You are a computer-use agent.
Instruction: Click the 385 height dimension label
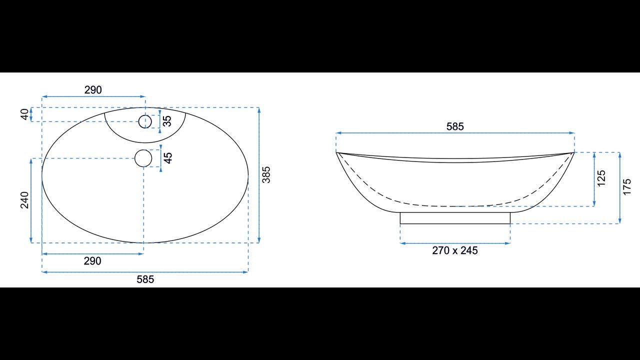(x=266, y=175)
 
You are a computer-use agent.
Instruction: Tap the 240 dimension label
(x=25, y=200)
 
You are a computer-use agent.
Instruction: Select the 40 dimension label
(x=25, y=114)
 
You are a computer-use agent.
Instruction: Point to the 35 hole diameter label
(x=167, y=121)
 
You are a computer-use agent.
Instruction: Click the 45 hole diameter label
(x=168, y=158)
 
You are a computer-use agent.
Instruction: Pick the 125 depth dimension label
(x=601, y=178)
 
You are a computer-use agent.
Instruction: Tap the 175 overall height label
(x=627, y=187)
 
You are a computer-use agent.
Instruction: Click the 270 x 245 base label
(x=455, y=250)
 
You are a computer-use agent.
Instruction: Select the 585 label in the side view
(x=455, y=126)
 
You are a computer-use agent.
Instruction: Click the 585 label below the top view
(x=145, y=279)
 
